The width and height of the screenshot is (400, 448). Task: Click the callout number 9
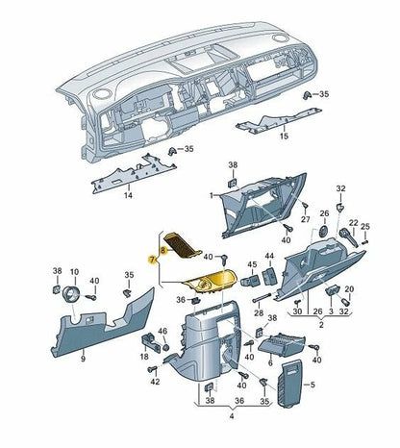point(83,359)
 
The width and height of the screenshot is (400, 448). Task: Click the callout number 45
point(251,263)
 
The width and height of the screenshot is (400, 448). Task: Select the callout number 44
point(269,256)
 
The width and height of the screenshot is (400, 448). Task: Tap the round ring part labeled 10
point(69,295)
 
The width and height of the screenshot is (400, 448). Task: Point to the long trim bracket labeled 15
point(274,120)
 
